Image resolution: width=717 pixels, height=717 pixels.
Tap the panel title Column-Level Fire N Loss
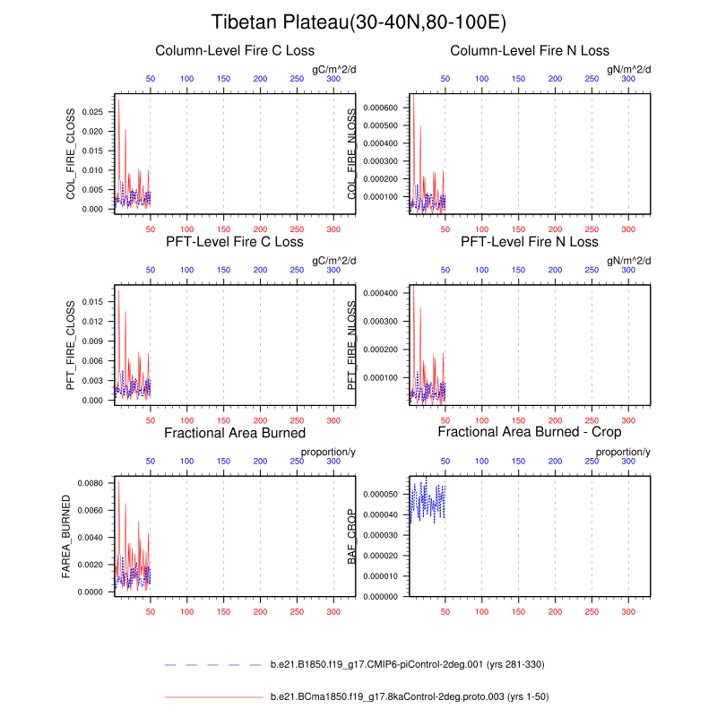[530, 50]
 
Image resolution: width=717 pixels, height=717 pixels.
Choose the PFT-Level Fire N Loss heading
[530, 242]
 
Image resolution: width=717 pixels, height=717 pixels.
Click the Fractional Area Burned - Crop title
[530, 433]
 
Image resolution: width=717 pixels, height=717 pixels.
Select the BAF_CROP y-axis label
[353, 536]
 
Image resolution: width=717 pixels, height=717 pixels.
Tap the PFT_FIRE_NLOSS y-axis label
[353, 344]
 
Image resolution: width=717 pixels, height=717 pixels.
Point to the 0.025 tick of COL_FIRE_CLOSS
[92, 112]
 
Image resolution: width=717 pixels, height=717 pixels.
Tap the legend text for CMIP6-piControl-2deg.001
[407, 664]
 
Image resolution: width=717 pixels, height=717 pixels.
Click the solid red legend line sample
[213, 695]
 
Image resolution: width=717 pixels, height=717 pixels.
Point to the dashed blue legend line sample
[213, 664]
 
